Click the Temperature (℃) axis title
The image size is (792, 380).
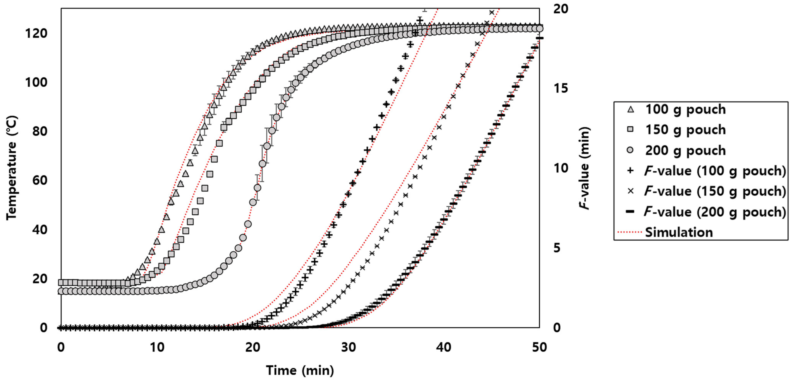12,168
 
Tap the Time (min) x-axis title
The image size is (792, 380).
300,370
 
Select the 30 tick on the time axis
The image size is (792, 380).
348,347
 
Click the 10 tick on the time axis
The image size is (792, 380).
157,347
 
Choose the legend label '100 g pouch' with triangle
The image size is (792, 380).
685,110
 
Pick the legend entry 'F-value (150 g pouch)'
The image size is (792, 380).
715,191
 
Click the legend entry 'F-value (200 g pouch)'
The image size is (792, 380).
715,212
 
